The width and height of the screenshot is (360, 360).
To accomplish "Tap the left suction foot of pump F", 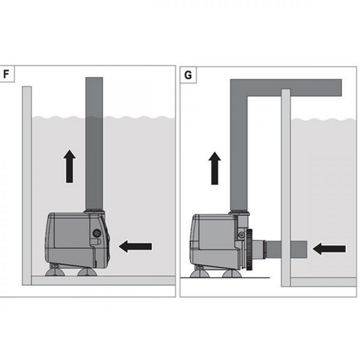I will (x=55, y=272).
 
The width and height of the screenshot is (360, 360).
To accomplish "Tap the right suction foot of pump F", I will (x=86, y=272).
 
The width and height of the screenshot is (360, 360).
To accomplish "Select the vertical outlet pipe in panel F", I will (x=95, y=144).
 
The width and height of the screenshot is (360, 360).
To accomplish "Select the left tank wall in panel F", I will (x=27, y=180).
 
